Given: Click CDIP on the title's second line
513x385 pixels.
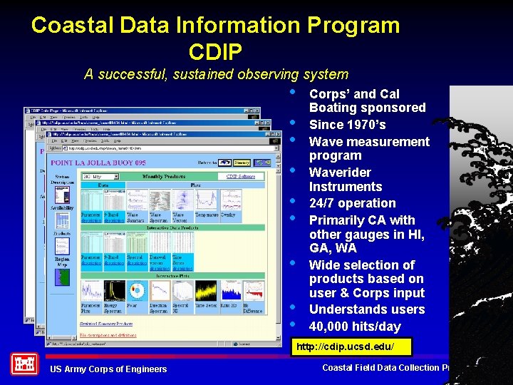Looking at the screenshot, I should pyautogui.click(x=215, y=51).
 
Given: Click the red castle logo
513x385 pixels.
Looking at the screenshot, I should pyautogui.click(x=24, y=364).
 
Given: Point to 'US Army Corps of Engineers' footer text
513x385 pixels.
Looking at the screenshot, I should pyautogui.click(x=108, y=369).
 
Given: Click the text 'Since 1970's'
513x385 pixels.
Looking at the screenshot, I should pyautogui.click(x=347, y=125).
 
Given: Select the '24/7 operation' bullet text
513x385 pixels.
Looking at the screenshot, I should pyautogui.click(x=352, y=203).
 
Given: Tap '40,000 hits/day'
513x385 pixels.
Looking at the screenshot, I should pyautogui.click(x=355, y=327).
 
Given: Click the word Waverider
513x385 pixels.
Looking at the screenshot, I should pyautogui.click(x=340, y=173).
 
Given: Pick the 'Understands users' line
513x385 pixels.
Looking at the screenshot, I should pyautogui.click(x=367, y=309).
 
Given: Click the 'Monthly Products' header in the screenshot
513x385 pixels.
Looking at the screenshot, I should pyautogui.click(x=165, y=176).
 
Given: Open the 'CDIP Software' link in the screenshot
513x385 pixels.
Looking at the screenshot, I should pyautogui.click(x=240, y=176).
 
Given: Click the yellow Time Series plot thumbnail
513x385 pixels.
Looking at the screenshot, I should pyautogui.click(x=206, y=290).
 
